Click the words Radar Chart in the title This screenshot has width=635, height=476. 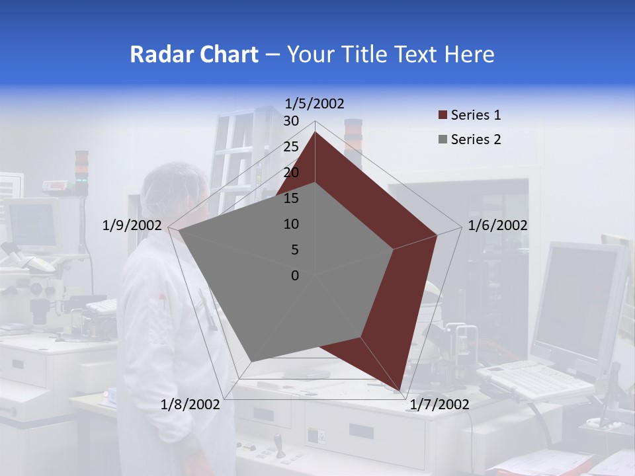[194, 54]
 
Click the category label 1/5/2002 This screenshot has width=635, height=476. [315, 104]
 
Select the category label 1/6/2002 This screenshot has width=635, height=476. [497, 225]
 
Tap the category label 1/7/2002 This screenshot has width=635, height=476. [440, 405]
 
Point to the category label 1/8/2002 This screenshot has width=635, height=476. [190, 405]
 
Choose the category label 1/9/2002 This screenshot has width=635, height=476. [132, 225]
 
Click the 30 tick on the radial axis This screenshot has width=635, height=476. [291, 121]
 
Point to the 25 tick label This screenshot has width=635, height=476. [291, 147]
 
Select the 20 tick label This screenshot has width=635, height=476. [291, 173]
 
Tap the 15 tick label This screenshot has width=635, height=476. [291, 198]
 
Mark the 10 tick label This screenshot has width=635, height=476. [291, 224]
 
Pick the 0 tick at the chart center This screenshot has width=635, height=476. [295, 276]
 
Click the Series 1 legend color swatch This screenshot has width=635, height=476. [443, 116]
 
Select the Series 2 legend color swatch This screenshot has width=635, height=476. [443, 139]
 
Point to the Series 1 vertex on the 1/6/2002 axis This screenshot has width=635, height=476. [437, 235]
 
